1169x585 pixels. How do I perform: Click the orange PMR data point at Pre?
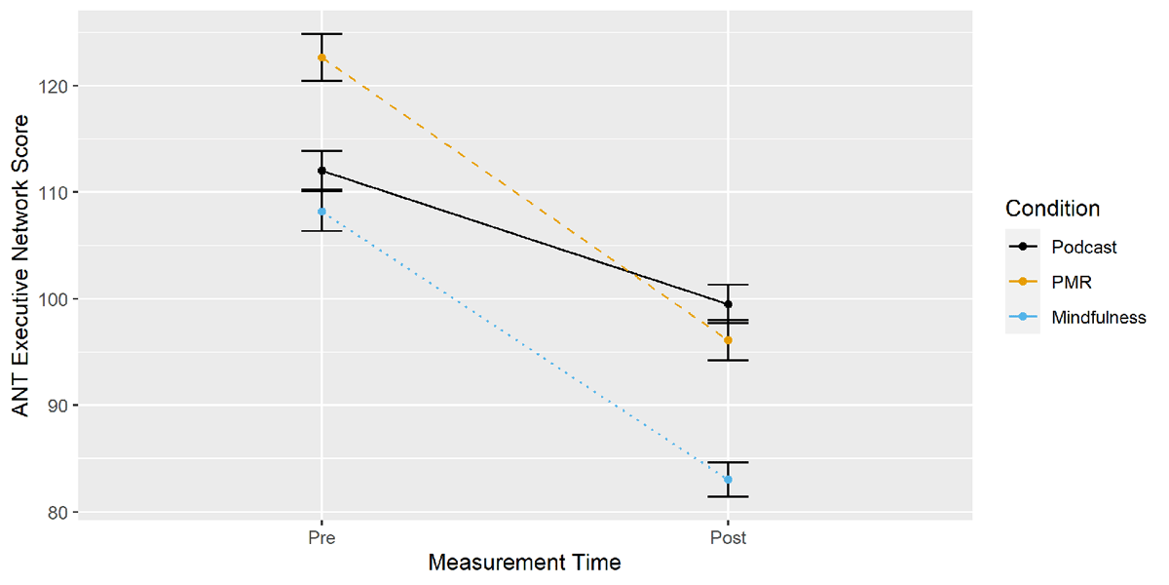coord(321,58)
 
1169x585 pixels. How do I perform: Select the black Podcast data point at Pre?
coord(321,171)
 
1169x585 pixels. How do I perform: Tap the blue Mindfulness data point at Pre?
coord(321,212)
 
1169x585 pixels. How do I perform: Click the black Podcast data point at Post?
coord(728,304)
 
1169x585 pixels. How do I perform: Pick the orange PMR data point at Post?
coord(728,340)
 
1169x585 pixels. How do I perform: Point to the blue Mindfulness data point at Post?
coord(728,479)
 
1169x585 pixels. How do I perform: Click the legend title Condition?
coord(1052,209)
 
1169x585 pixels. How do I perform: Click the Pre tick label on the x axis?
coord(321,537)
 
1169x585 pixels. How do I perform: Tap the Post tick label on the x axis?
coord(728,537)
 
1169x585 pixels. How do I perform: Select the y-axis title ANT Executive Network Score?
coord(20,265)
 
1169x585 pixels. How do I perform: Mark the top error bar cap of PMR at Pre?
coord(321,34)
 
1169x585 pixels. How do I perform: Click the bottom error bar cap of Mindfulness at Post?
coord(728,496)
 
